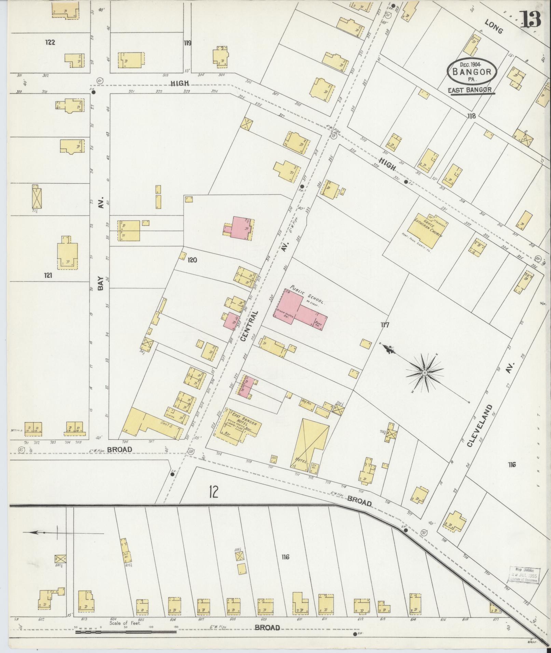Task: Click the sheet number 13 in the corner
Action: point(531,19)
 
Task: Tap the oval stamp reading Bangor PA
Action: point(471,72)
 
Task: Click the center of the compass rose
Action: point(424,372)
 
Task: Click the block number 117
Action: point(385,325)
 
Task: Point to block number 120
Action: point(192,260)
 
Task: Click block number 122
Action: point(50,43)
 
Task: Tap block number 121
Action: point(48,275)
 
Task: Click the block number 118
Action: point(471,116)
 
